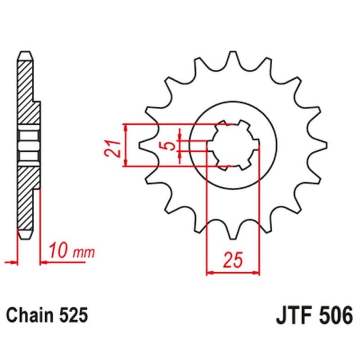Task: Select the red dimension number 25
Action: pyautogui.click(x=233, y=260)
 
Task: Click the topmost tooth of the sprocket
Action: pyautogui.click(x=233, y=58)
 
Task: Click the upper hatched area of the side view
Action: pyautogui.click(x=26, y=90)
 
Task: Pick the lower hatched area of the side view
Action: pyautogui.click(x=26, y=198)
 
